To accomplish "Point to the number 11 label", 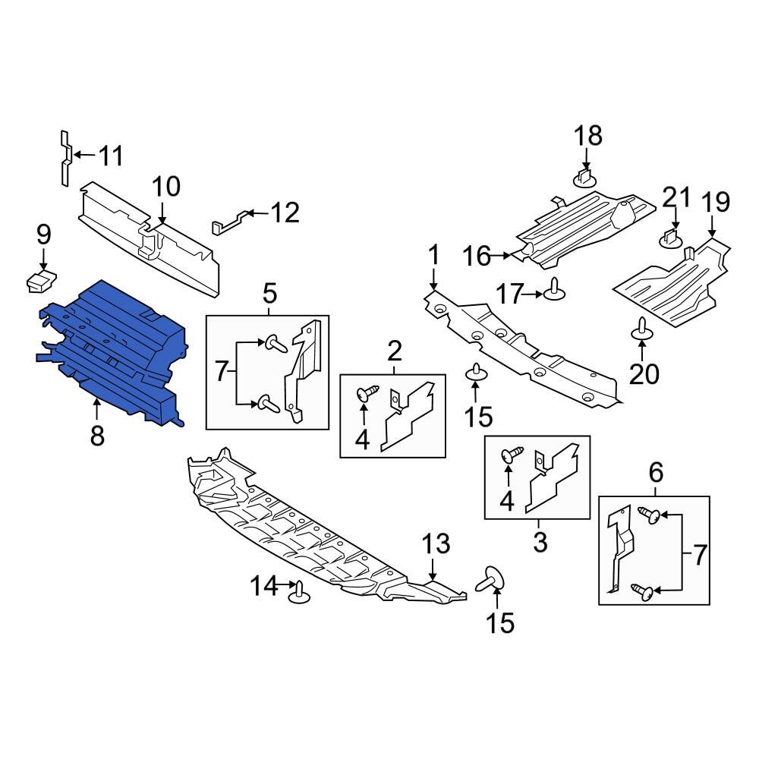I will coord(111,157).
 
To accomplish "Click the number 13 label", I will coord(436,543).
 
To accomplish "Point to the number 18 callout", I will coord(587,136).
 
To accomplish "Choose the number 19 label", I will coord(716,202).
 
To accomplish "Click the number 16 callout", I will coord(478,257).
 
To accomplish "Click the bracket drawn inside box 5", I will coord(304,372).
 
